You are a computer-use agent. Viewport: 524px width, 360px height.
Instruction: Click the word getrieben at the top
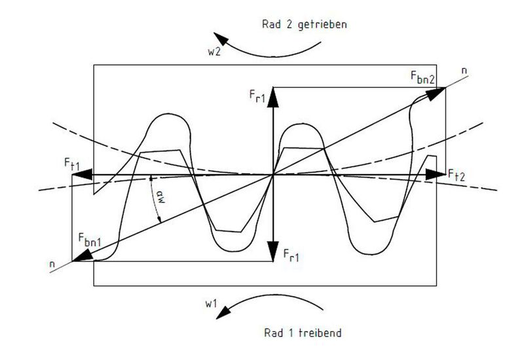(x=322, y=25)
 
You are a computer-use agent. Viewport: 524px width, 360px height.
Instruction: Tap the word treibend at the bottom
(x=320, y=333)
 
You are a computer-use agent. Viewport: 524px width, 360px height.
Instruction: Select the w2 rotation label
(x=214, y=52)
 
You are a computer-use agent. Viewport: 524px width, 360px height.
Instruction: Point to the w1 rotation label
(x=211, y=304)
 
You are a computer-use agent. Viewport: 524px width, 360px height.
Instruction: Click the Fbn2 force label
(x=422, y=77)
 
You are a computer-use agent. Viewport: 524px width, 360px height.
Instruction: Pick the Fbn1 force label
(x=90, y=240)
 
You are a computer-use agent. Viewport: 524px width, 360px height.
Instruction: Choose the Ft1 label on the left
(x=72, y=164)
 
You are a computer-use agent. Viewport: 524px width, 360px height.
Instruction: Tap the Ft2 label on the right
(x=457, y=175)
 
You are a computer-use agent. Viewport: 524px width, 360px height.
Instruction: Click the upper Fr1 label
(x=257, y=96)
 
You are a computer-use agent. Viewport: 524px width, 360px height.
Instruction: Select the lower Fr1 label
(x=291, y=255)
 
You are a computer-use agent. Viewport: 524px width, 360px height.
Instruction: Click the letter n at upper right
(x=464, y=71)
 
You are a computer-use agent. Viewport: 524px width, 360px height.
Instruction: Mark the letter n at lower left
(x=52, y=264)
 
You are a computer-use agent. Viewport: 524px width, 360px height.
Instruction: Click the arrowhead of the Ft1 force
(x=82, y=175)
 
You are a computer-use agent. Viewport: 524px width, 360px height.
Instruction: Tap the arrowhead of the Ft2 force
(x=436, y=174)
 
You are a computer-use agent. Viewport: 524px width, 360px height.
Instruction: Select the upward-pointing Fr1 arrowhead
(x=273, y=97)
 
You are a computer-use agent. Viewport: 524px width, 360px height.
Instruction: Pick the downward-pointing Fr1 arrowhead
(x=273, y=251)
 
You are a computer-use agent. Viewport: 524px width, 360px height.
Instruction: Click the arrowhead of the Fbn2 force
(x=436, y=93)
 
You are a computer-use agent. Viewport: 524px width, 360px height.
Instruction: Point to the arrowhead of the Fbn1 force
(x=83, y=255)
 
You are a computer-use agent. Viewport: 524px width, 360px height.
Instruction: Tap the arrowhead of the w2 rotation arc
(x=221, y=39)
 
